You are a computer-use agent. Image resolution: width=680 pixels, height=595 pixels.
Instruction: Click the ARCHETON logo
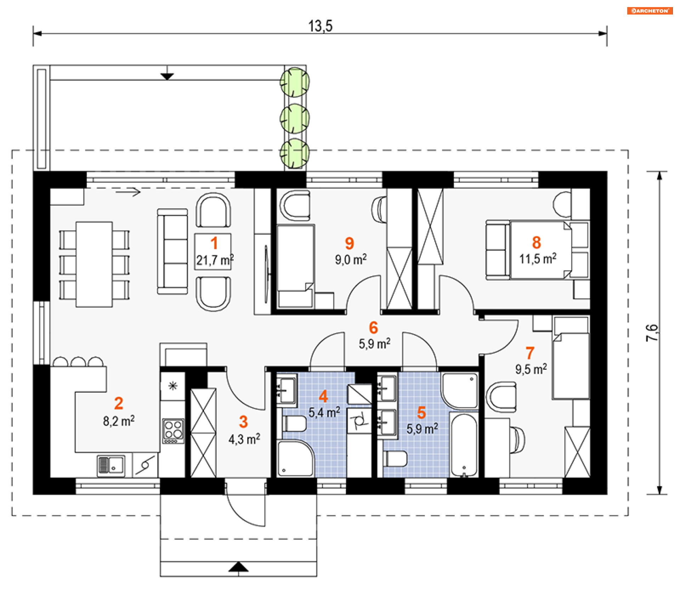coord(650,11)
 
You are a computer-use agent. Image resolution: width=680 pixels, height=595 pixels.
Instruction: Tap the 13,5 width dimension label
coord(320,26)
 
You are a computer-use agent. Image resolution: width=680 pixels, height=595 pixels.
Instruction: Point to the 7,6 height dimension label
coord(652,333)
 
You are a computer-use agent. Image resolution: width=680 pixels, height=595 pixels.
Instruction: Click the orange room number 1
coord(214,243)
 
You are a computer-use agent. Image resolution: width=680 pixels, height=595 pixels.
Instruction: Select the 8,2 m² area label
coord(119,421)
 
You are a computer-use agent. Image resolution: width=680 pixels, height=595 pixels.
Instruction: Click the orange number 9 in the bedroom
coord(349,243)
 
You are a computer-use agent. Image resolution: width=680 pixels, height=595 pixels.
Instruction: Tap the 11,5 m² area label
coord(538,259)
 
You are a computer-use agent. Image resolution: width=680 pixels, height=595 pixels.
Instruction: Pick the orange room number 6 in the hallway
coord(373,328)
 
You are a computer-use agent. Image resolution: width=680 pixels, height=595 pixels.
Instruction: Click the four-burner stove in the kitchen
coord(173,431)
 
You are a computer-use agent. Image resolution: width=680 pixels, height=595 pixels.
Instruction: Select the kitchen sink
coord(111,465)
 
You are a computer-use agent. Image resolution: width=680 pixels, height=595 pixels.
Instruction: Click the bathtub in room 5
coord(464,444)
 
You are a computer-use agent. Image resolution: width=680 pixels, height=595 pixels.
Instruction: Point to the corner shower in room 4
coord(295,458)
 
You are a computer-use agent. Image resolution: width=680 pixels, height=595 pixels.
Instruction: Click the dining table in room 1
coord(94,264)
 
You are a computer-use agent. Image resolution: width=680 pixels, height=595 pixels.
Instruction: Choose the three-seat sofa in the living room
coord(172,251)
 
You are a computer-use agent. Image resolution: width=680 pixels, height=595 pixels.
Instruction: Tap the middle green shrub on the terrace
coord(295,118)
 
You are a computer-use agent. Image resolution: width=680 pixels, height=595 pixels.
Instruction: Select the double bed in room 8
coord(537,250)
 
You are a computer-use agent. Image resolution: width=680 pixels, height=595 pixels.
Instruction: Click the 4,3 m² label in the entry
coord(244,439)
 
